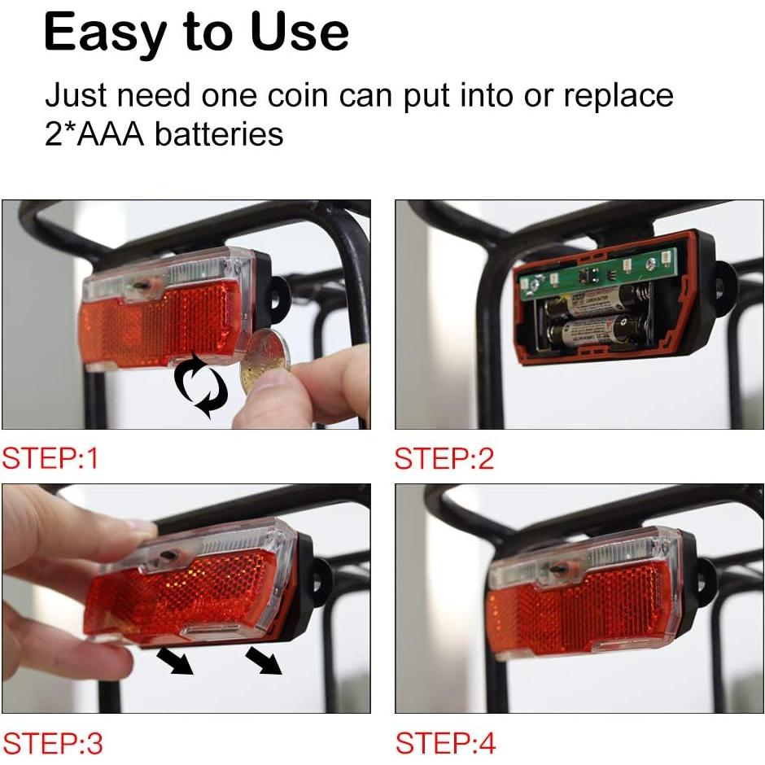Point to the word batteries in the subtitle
tap(219, 133)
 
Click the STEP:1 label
tap(50, 459)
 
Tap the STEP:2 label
tap(444, 459)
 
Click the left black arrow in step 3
tap(177, 660)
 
